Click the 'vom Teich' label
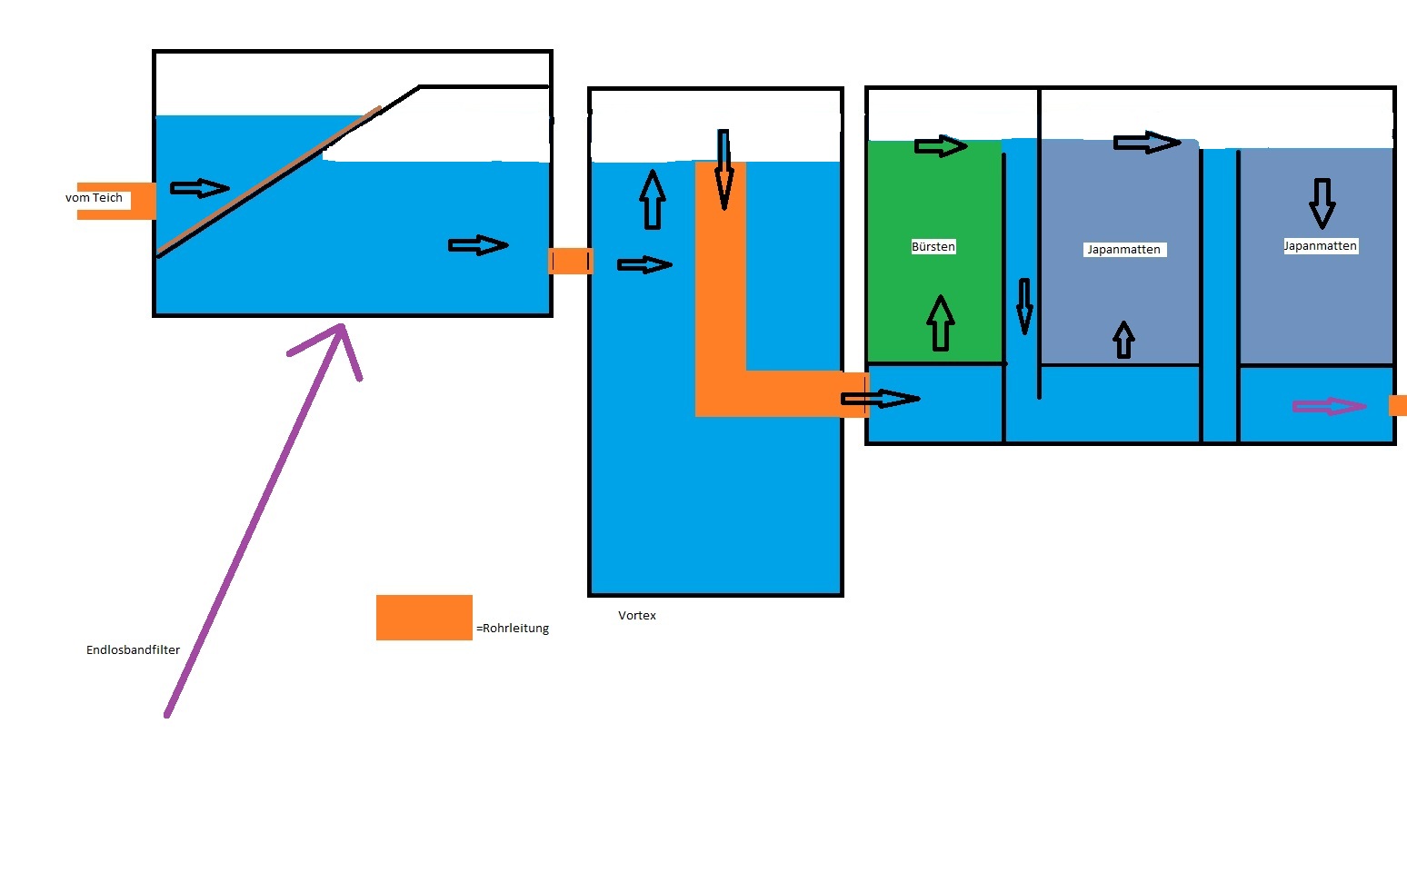click(x=94, y=198)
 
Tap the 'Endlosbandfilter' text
click(x=133, y=650)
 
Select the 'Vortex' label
click(x=637, y=616)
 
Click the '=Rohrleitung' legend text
click(x=514, y=629)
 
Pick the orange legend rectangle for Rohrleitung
click(x=424, y=618)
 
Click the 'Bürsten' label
click(x=933, y=247)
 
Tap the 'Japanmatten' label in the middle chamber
click(x=1123, y=250)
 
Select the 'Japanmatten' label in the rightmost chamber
click(x=1320, y=246)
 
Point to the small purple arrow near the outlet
click(x=1329, y=407)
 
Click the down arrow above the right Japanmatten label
click(x=1322, y=203)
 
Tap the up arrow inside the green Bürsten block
click(x=941, y=323)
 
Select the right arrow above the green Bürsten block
click(x=941, y=146)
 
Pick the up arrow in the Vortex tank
click(x=652, y=198)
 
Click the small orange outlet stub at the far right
click(x=1398, y=406)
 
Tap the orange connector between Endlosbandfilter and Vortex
click(x=571, y=262)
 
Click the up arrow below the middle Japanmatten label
click(x=1124, y=340)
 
